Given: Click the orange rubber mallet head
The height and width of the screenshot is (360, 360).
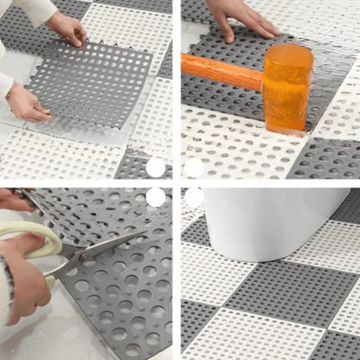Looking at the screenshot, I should (287, 87).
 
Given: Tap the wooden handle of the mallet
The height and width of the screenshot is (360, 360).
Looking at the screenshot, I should (222, 73).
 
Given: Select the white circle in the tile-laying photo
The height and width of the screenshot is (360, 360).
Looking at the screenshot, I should (156, 167).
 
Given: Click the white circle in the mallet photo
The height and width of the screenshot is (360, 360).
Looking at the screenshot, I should (194, 167).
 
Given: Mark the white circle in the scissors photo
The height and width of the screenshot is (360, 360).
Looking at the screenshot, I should (156, 197).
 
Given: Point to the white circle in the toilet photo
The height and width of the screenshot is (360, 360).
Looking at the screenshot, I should (194, 197).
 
